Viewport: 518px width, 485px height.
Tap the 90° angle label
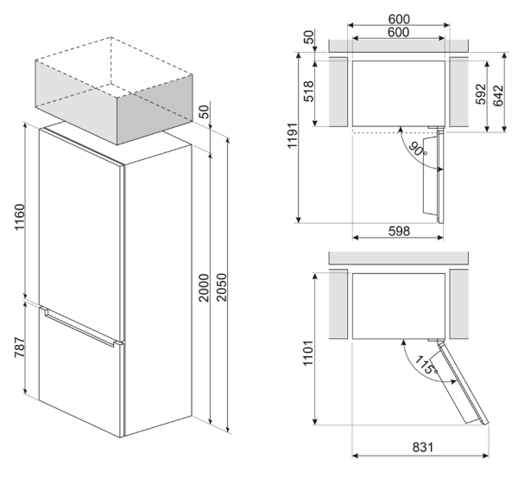[x=418, y=149]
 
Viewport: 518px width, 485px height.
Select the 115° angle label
[x=422, y=364]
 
